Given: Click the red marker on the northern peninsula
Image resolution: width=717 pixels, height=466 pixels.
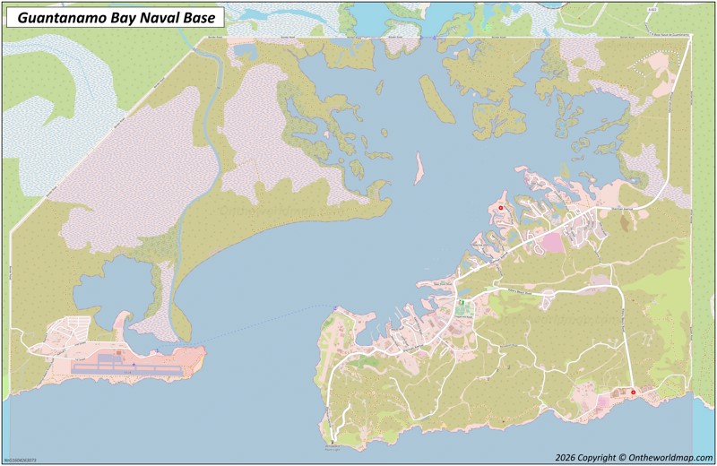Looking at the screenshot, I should tap(501, 208).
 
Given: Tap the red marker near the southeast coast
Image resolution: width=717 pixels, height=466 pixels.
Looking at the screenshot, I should tap(634, 392).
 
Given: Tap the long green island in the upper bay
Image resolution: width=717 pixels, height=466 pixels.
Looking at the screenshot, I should tap(436, 99).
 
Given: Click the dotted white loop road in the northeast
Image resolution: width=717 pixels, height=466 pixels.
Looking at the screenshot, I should tap(650, 67).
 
